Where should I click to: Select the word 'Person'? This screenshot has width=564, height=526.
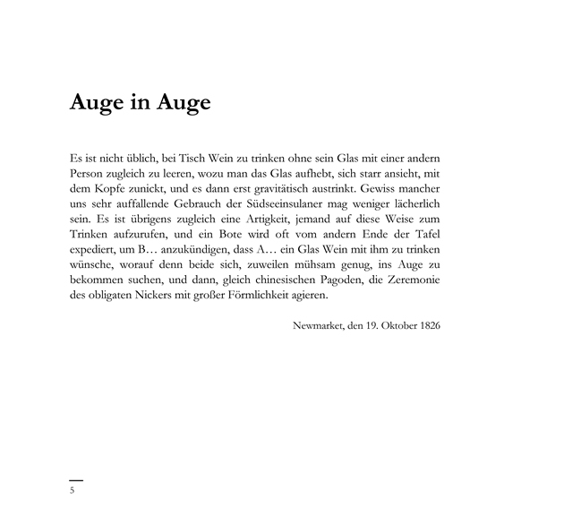coord(87,172)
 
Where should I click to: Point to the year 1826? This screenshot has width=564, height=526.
coord(428,324)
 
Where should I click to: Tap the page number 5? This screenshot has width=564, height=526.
coord(73,492)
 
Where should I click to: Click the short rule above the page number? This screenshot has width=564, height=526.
coord(76,480)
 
